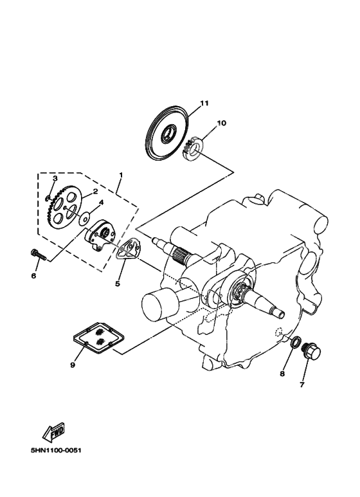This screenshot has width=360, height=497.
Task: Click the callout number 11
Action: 204,103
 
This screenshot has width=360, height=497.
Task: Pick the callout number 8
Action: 282,374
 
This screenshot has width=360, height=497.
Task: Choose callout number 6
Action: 33,276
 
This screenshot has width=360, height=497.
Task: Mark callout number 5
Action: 118,282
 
